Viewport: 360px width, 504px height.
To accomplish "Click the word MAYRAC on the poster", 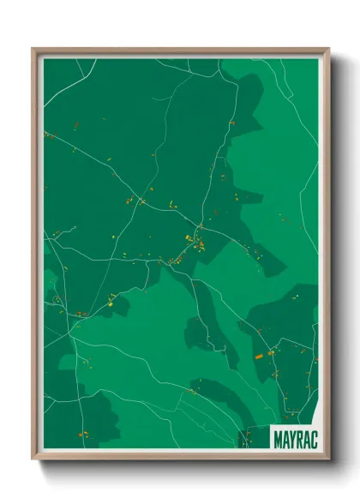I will click(x=296, y=438).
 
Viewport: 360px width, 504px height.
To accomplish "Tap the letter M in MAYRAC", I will click(x=279, y=438).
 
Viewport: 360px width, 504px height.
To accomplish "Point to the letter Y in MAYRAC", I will click(x=293, y=438).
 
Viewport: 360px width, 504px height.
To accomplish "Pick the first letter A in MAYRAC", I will click(x=286, y=438).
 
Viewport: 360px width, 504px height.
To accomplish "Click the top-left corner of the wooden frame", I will click(x=33, y=49).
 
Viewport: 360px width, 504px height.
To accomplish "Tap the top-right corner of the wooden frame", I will click(x=328, y=49).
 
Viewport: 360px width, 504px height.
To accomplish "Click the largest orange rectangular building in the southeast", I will click(x=258, y=355).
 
